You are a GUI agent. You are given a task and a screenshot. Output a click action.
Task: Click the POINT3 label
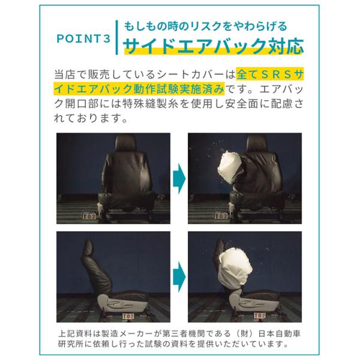tap(84, 38)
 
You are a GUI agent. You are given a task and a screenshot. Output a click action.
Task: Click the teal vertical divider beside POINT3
tap(117, 37)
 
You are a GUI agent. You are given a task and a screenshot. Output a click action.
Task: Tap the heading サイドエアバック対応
tap(214, 46)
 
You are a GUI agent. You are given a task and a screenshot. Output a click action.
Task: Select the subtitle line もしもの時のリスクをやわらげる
tap(205, 26)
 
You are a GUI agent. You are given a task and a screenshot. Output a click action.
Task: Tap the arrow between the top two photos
tap(179, 178)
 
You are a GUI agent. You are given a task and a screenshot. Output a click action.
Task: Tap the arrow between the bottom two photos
tap(179, 277)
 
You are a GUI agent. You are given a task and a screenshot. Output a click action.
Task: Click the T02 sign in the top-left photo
tap(89, 216)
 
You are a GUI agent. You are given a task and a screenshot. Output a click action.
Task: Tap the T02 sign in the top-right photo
tap(221, 216)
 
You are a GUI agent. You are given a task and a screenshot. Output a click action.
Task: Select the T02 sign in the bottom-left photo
tap(128, 316)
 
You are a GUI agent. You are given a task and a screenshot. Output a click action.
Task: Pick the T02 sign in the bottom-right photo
tap(260, 316)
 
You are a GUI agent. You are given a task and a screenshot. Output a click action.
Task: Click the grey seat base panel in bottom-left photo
tap(115, 303)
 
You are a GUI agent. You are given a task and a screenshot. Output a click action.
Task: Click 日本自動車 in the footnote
tap(279, 334)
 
